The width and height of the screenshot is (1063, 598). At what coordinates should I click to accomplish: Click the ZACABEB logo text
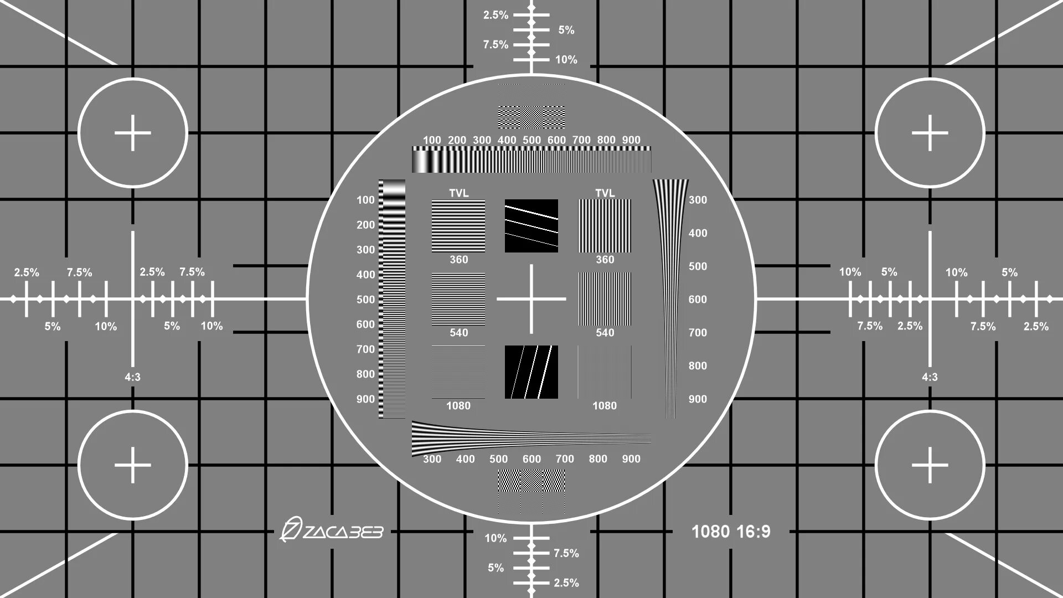point(332,531)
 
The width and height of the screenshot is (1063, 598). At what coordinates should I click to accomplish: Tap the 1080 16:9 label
point(731,532)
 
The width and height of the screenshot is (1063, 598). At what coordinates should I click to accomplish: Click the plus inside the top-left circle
point(133,133)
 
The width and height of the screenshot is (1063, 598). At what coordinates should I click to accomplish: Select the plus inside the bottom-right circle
point(930,465)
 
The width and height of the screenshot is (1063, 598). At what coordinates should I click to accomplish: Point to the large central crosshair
point(531,299)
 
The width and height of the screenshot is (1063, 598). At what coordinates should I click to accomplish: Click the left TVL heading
point(458,193)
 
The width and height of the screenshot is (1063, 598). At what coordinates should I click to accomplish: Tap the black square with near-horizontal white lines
point(531,226)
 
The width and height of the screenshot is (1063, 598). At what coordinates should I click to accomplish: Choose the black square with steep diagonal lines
point(531,372)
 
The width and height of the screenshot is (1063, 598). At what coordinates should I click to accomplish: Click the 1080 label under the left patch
point(458,406)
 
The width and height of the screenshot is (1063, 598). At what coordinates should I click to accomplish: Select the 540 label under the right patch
point(605,333)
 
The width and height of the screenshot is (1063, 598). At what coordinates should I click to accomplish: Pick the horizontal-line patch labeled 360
point(458,226)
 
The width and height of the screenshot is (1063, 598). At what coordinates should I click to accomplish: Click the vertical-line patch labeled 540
point(605,299)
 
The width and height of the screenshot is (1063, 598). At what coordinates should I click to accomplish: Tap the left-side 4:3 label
point(132,377)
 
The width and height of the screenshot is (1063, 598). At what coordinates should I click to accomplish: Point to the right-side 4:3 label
point(930,377)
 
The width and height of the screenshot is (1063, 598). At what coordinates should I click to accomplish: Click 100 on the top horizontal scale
point(432,140)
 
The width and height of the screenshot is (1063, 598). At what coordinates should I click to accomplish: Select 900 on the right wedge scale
point(698,399)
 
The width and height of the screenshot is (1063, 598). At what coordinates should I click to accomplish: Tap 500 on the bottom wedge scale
point(498,459)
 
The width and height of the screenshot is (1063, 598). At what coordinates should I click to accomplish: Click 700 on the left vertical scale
point(365,349)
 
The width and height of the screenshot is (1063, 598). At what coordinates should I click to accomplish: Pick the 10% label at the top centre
point(566,60)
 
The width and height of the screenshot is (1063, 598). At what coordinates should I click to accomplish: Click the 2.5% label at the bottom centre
point(566,582)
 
